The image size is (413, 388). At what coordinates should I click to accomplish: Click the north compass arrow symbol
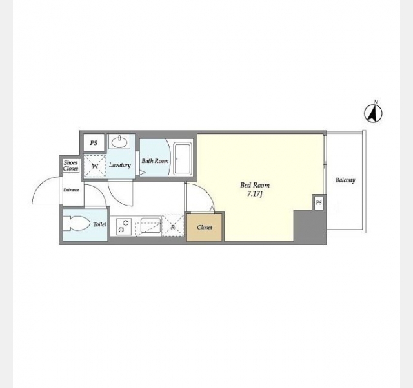tap(373, 113)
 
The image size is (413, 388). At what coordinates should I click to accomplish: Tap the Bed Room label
tap(255, 186)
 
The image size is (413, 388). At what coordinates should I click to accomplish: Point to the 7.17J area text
tap(255, 194)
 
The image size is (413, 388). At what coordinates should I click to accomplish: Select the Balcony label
tap(345, 180)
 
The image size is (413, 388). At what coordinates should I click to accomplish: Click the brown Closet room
tap(205, 227)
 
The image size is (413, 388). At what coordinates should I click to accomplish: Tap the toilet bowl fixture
tap(76, 224)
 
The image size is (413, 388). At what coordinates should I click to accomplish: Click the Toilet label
tap(99, 224)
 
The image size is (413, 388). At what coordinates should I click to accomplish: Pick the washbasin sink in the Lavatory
tap(119, 142)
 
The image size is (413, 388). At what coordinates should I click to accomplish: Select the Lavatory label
tap(120, 165)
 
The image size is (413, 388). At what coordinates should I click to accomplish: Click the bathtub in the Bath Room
tap(182, 159)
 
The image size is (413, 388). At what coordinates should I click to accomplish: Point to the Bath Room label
tap(155, 161)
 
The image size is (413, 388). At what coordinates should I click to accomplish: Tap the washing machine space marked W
tap(95, 166)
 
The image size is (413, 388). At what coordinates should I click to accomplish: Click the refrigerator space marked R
tap(173, 226)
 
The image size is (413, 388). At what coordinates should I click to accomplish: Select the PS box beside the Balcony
tap(319, 202)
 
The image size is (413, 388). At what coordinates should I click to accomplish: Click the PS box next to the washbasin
tap(94, 143)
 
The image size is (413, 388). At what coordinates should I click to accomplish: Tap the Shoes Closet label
tap(70, 166)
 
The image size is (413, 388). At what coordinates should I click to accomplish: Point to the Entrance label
tap(71, 190)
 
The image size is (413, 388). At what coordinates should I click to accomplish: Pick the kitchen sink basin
tap(151, 225)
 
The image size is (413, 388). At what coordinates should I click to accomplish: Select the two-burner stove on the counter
tap(124, 226)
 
